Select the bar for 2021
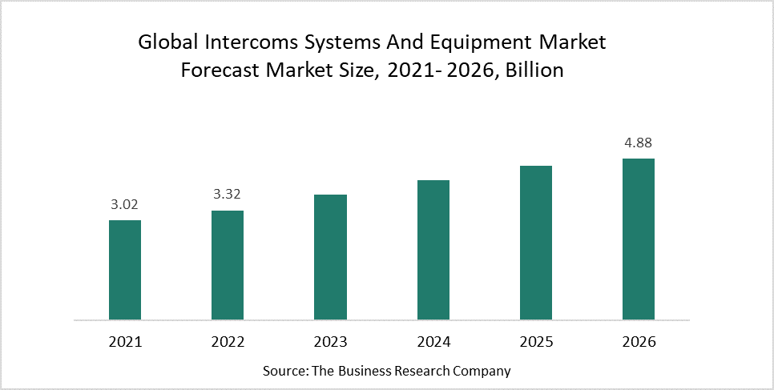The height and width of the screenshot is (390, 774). coord(125,270)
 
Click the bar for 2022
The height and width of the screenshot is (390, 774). coord(228,265)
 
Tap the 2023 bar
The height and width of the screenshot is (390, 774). coord(330,257)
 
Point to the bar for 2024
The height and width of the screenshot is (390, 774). coord(433,250)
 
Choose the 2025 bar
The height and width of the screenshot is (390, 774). coord(536,243)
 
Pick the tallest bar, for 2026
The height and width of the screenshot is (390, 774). coord(639,239)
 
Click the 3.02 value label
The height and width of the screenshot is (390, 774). coord(125,204)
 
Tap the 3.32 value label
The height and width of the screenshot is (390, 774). coord(228,194)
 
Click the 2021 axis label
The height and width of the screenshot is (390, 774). coord(125,342)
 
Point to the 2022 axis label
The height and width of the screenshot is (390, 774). coord(228,342)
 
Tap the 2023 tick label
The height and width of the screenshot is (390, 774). coord(330,342)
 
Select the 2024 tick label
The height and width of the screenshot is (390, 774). coord(433,342)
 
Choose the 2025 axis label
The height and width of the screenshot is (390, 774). coord(536,342)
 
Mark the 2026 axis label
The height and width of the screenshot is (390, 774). coord(639,342)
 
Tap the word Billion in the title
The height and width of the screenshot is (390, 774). coord(534,70)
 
